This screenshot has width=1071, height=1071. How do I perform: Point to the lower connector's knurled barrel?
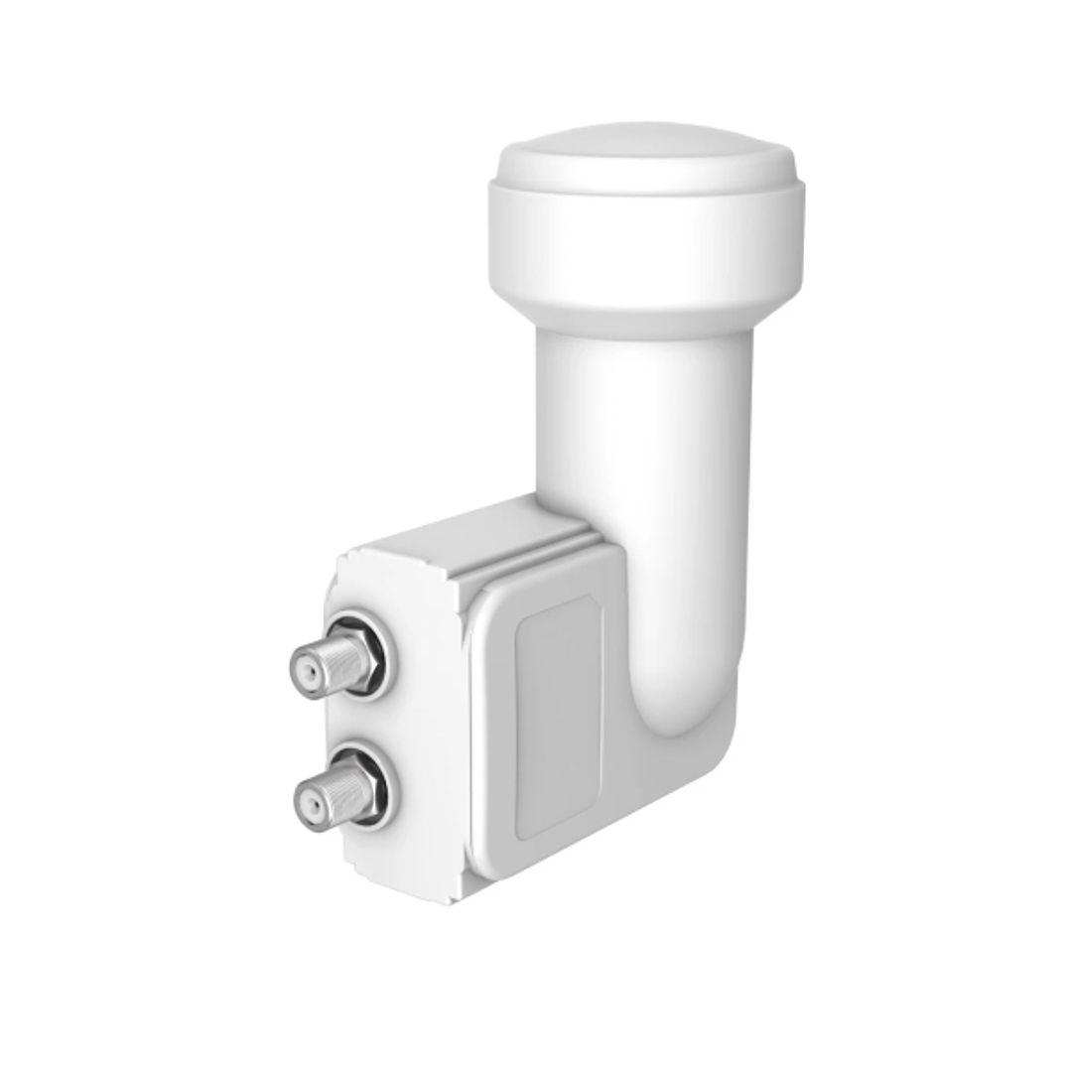339,791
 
